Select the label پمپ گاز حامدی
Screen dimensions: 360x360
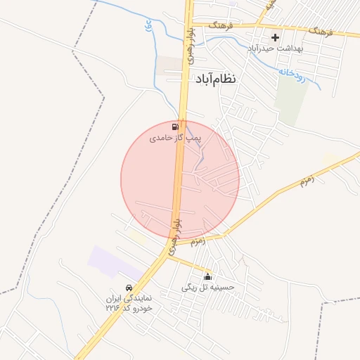click(x=175, y=139)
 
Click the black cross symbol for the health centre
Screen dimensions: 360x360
click(x=275, y=37)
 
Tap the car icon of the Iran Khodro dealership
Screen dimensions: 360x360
click(x=129, y=288)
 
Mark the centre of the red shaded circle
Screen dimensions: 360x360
click(x=180, y=179)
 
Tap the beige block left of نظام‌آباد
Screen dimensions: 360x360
click(x=169, y=65)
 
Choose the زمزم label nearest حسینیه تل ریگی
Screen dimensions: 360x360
click(x=197, y=240)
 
